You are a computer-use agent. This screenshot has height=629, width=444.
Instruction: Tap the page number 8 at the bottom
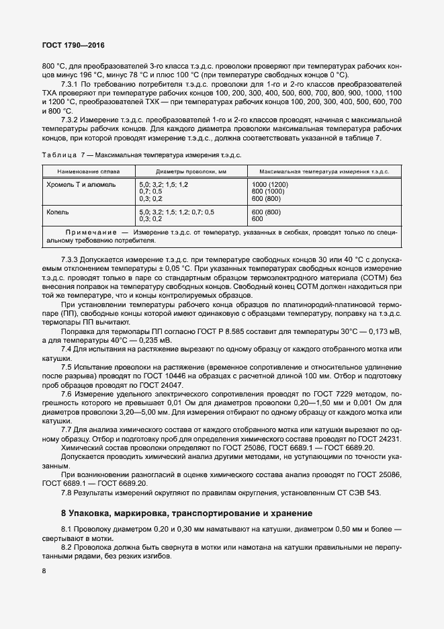44,571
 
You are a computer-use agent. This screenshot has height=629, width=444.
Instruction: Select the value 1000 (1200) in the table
269,183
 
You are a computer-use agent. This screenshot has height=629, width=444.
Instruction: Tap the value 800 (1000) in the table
267,191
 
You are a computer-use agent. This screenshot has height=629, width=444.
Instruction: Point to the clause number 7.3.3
70,259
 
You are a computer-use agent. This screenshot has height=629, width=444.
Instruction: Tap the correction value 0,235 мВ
152,339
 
